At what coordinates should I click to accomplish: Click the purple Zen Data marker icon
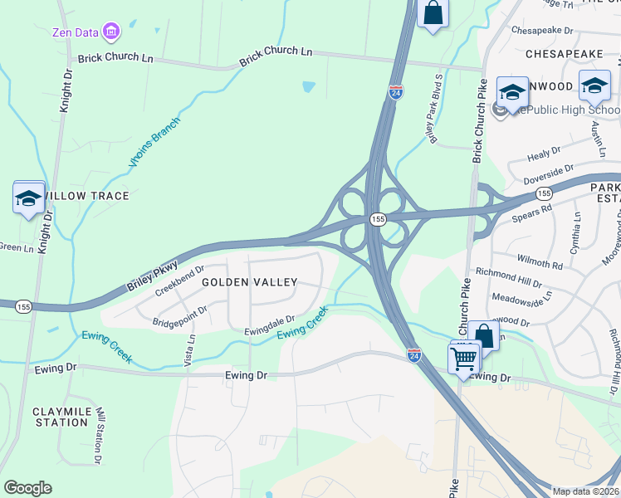(110, 32)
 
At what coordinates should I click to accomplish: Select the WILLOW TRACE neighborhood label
(87, 196)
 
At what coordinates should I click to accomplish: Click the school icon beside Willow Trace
(29, 198)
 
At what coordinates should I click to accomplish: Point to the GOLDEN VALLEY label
(249, 282)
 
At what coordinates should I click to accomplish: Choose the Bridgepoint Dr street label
(178, 314)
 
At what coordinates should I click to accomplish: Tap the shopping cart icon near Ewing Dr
(463, 359)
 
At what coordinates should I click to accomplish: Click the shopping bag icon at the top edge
(433, 12)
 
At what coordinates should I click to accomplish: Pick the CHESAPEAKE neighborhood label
(564, 53)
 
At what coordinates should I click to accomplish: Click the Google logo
(28, 488)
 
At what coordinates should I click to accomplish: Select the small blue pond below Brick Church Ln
(309, 85)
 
